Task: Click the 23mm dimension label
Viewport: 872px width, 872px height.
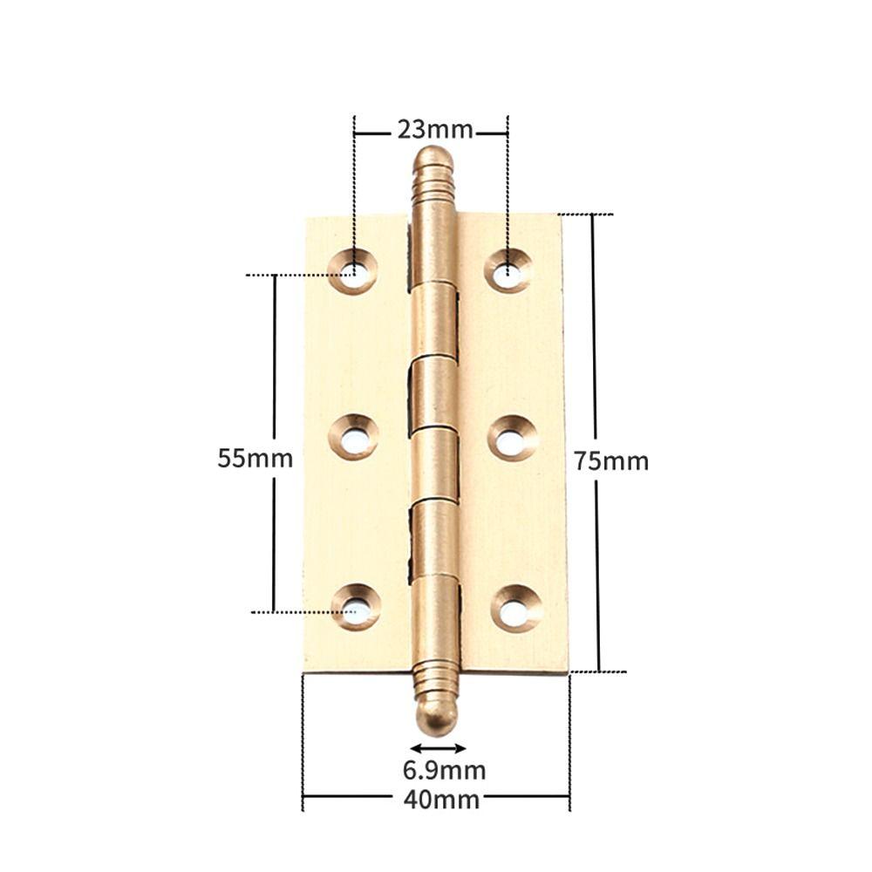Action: tap(435, 130)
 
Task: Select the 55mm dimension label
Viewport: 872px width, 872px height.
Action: tap(255, 458)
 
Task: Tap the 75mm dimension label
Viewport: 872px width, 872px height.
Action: tap(611, 461)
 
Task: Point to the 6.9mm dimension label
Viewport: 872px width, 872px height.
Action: tap(444, 771)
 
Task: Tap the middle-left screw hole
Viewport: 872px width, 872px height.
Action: tap(354, 438)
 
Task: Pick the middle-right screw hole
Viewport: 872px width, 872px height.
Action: tap(512, 438)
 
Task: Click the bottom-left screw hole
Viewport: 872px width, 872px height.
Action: tap(356, 607)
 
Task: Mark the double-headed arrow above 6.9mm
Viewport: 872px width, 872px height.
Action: tap(438, 748)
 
